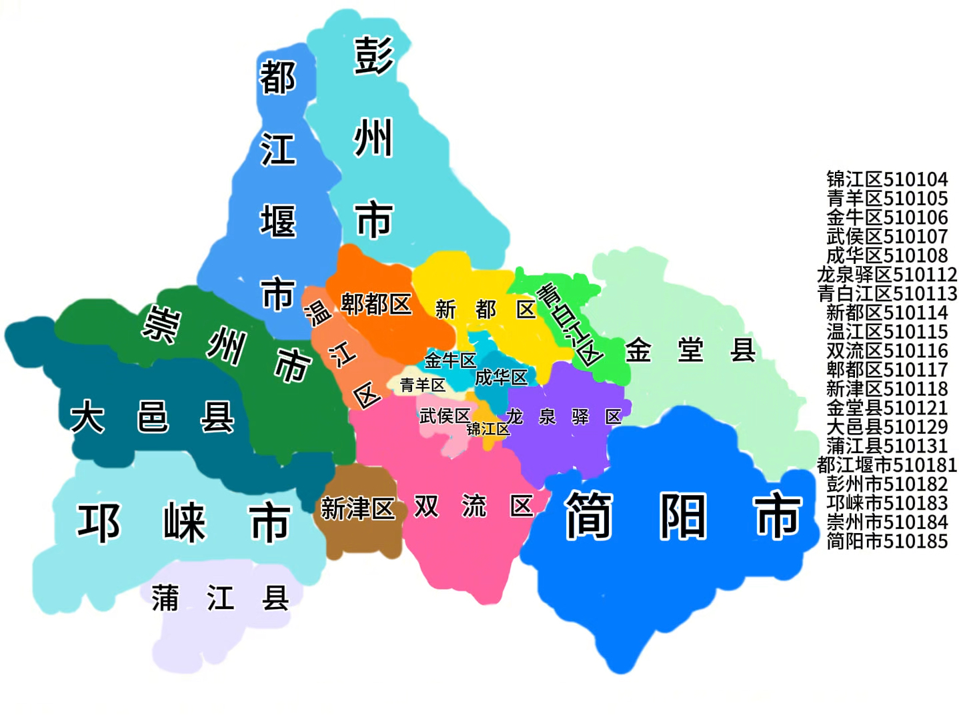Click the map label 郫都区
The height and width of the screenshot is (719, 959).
pyautogui.click(x=376, y=305)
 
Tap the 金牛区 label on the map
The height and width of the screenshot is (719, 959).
pyautogui.click(x=450, y=360)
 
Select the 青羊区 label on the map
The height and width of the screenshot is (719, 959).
pyautogui.click(x=422, y=385)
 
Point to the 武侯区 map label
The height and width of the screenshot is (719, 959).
pyautogui.click(x=445, y=416)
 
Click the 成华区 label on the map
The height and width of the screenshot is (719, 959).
pyautogui.click(x=501, y=377)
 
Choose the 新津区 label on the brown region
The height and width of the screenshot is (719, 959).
pyautogui.click(x=357, y=508)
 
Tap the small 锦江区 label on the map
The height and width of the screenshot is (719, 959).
pyautogui.click(x=488, y=428)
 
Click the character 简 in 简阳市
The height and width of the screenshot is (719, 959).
pyautogui.click(x=588, y=515)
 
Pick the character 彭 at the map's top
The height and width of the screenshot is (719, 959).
pyautogui.click(x=374, y=56)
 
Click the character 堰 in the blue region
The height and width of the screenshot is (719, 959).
pyautogui.click(x=278, y=221)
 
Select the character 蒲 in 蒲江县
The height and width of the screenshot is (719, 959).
pyautogui.click(x=165, y=598)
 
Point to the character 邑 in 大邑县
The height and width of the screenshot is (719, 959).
pyautogui.click(x=153, y=417)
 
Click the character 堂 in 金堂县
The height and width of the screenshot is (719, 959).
pyautogui.click(x=690, y=350)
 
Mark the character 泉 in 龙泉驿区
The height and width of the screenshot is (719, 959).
pyautogui.click(x=547, y=417)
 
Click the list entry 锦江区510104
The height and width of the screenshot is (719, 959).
pyautogui.click(x=887, y=179)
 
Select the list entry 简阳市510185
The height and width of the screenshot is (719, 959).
pyautogui.click(x=887, y=541)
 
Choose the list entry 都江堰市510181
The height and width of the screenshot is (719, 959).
pyautogui.click(x=887, y=464)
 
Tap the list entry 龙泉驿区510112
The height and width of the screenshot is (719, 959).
pyautogui.click(x=887, y=275)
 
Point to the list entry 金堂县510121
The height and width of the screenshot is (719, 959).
pyautogui.click(x=887, y=408)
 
